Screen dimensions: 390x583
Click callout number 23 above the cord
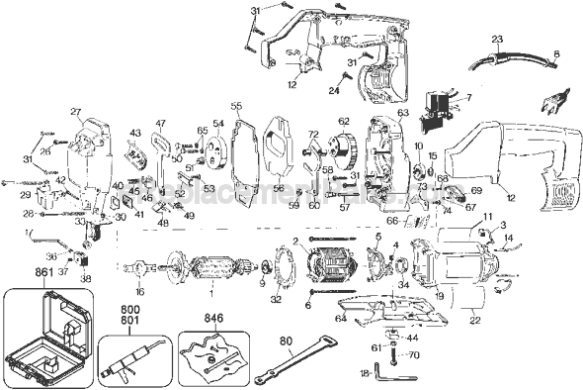[497, 39]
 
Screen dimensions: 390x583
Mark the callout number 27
[74, 112]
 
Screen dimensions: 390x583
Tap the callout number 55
[236, 106]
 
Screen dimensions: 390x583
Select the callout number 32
[276, 298]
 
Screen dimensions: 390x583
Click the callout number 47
[160, 123]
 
